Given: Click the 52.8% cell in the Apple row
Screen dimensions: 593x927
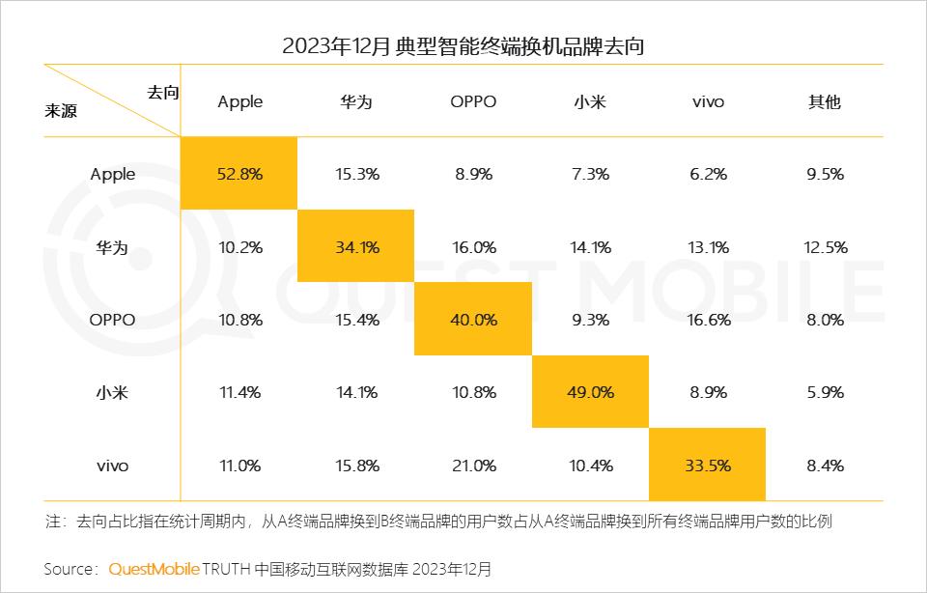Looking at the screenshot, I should click(x=239, y=174).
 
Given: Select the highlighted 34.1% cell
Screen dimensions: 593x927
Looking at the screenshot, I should click(x=356, y=247).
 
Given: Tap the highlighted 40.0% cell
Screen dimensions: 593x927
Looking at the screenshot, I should click(x=473, y=320).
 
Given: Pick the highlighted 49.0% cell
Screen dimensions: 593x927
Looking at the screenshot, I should click(x=590, y=392).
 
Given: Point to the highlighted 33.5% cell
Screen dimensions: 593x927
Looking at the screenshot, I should click(x=708, y=466).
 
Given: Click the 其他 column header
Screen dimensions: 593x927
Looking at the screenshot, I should click(x=825, y=101).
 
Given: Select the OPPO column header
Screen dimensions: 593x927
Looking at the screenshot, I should click(x=473, y=101).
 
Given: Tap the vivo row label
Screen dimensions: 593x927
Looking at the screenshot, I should click(x=113, y=466).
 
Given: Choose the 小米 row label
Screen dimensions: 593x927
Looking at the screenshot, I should click(x=113, y=392).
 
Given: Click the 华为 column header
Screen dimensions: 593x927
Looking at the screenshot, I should click(x=356, y=101).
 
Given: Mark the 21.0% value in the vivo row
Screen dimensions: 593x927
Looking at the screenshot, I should click(x=473, y=466).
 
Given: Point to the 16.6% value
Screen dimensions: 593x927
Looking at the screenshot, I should click(x=708, y=320).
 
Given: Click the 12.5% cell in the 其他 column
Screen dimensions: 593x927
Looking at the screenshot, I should click(x=825, y=247).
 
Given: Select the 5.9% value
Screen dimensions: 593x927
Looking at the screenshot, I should click(x=825, y=392).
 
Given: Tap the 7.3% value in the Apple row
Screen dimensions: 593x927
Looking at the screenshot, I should click(x=590, y=174).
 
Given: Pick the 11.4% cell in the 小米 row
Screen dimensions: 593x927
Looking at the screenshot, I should click(x=239, y=392).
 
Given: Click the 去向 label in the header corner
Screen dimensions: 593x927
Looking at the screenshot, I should click(x=163, y=92).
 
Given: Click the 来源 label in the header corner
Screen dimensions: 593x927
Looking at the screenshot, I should click(x=61, y=110).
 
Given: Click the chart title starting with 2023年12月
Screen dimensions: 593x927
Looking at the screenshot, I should click(x=463, y=45).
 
